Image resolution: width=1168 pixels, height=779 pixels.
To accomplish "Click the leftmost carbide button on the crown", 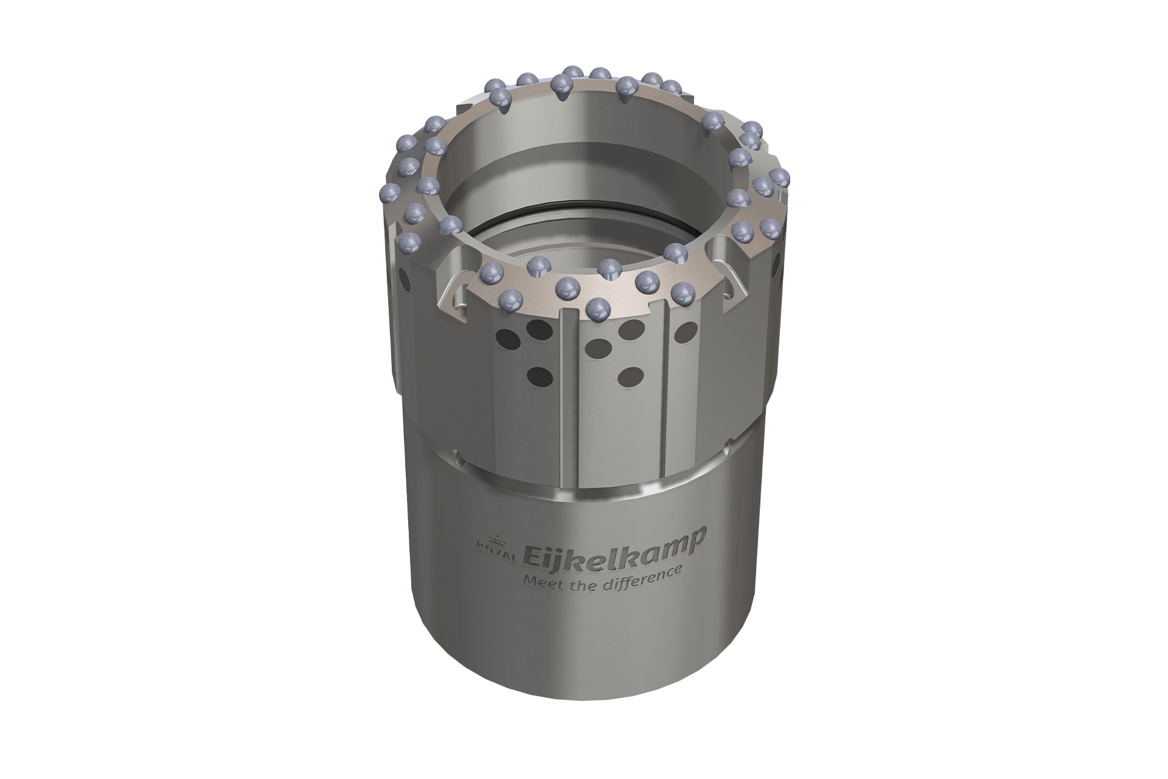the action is [388, 195].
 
